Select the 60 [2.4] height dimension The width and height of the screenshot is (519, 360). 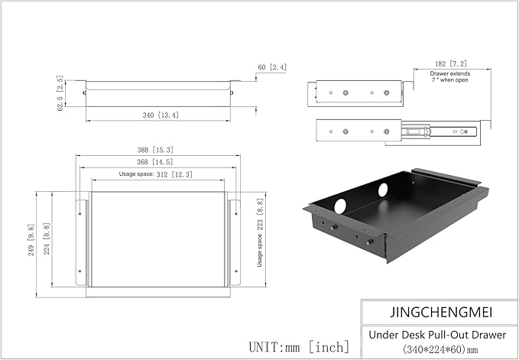coord(271,68)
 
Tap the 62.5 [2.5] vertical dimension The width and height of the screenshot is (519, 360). coord(60,93)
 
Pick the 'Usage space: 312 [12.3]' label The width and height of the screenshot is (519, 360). coord(159,175)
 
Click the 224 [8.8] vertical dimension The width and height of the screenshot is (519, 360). coord(47,239)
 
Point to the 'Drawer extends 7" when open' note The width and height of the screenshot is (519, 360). coord(449,77)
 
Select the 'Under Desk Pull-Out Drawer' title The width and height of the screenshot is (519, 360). coord(438,334)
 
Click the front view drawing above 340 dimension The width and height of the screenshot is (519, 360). coord(159,93)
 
